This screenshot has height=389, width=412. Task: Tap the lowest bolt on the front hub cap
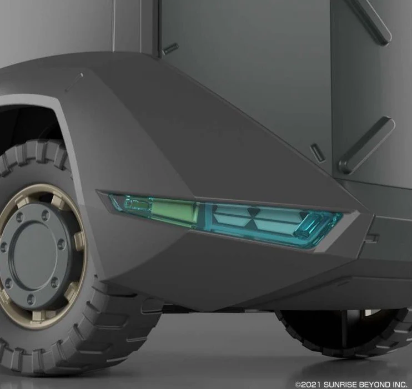(x=31, y=299)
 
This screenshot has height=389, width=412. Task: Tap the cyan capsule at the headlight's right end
(x=308, y=225)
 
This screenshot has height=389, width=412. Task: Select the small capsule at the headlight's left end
(x=137, y=204)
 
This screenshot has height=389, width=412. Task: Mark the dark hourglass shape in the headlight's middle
(x=253, y=213)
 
